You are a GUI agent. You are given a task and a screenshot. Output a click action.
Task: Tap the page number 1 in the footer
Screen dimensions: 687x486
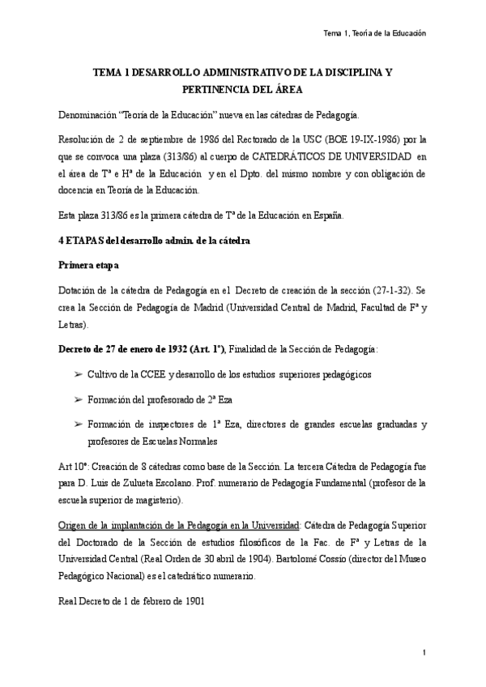click(423, 652)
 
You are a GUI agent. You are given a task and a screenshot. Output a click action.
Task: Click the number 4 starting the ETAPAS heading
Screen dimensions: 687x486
click(62, 241)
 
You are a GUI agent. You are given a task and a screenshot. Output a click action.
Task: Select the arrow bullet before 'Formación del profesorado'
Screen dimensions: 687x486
click(78, 399)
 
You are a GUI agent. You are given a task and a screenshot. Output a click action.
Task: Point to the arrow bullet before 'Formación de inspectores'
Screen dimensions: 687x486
click(78, 425)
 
